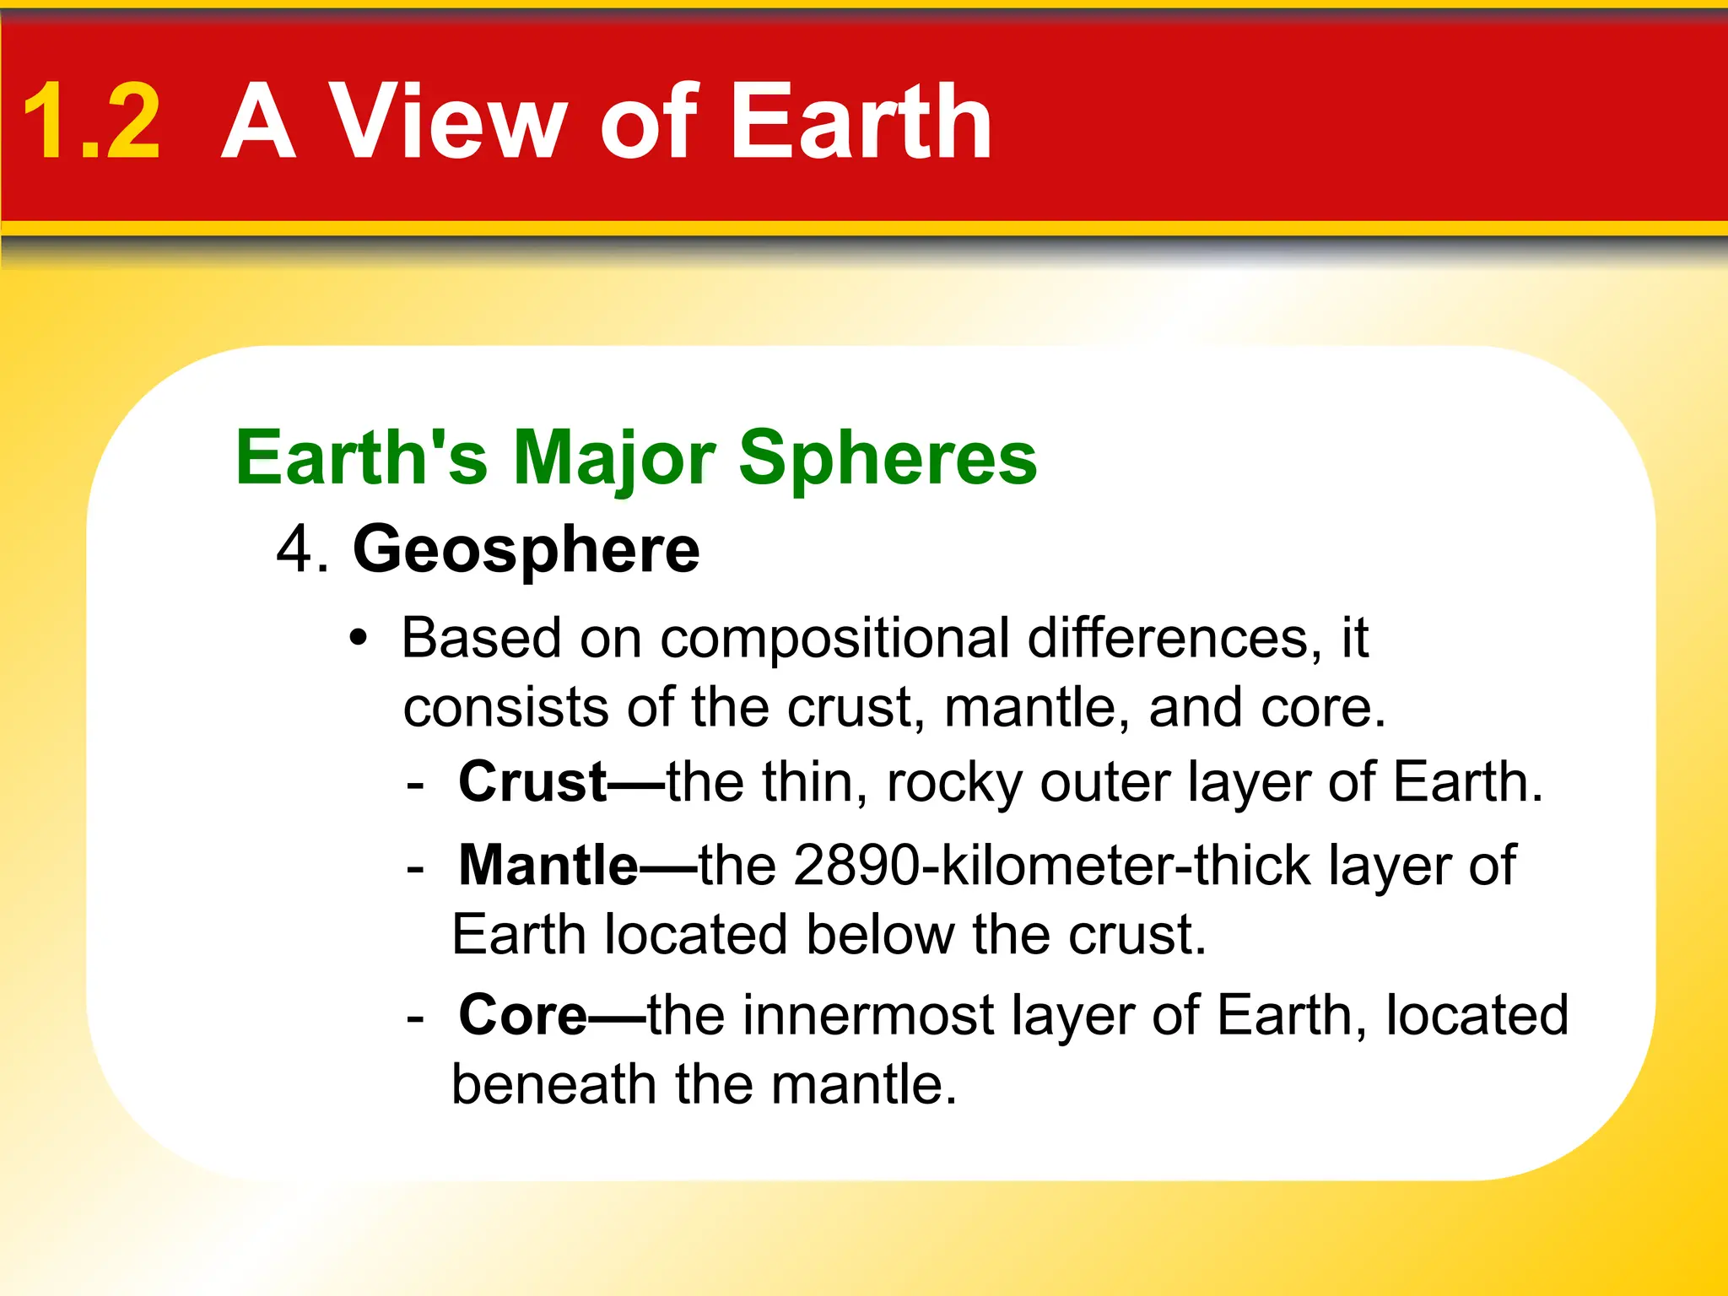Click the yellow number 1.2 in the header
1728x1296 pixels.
91,122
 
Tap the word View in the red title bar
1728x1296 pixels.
446,122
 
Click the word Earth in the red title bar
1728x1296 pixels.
861,122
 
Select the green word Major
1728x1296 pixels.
614,460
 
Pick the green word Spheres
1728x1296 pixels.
888,460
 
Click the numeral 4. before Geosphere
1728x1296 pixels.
301,550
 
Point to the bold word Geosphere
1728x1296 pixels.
526,550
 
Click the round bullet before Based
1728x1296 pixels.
359,639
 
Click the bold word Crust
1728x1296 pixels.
532,782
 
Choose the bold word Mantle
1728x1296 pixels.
548,866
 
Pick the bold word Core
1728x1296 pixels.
522,1015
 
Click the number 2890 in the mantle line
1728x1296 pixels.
856,866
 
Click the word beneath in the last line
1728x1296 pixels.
553,1084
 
